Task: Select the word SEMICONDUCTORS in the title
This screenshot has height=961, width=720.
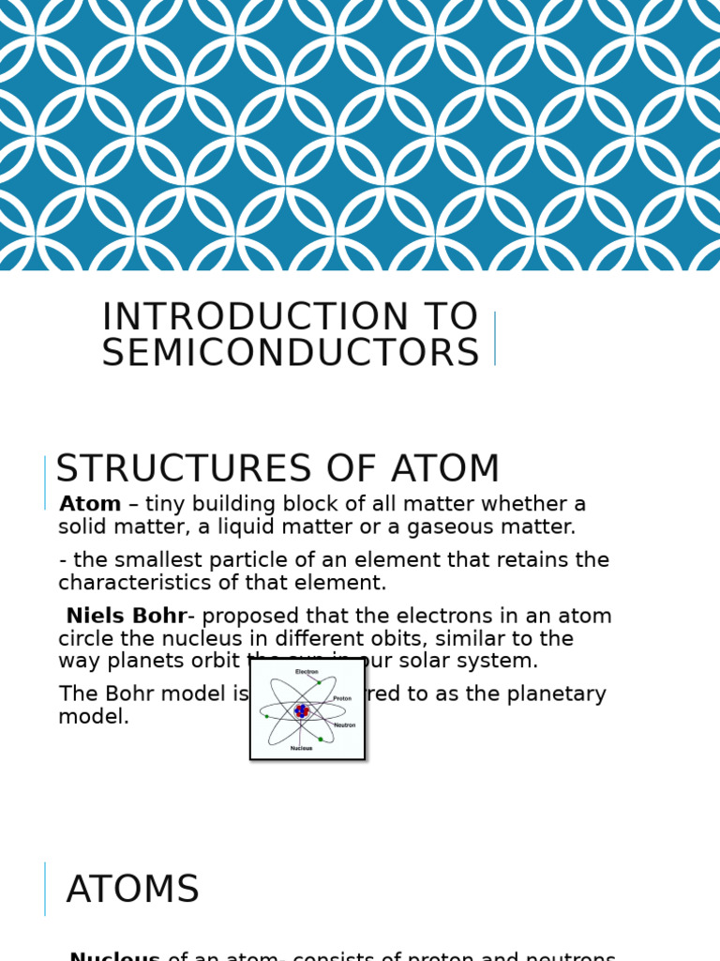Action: coord(291,354)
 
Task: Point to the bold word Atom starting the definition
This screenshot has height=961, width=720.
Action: coord(90,505)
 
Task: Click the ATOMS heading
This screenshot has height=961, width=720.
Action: coord(133,890)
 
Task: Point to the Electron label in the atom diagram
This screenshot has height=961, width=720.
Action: coord(307,672)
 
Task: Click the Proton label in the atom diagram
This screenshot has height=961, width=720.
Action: coord(342,698)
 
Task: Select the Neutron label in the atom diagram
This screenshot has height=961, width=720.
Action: coord(344,725)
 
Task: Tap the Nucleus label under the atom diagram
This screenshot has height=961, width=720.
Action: coord(301,748)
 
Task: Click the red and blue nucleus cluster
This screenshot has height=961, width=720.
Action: coord(301,711)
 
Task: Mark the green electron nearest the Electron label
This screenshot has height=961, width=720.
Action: coord(319,682)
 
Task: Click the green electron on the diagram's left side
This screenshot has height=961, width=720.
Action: coord(267,717)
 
